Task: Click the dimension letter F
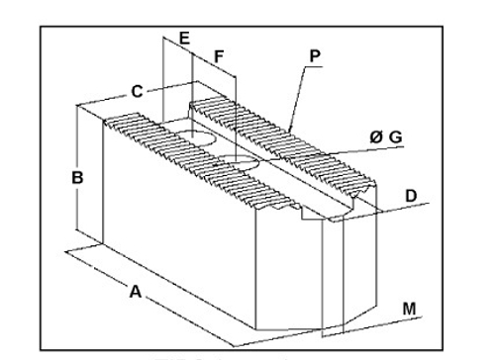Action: click(x=219, y=54)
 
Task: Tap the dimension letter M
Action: click(x=408, y=309)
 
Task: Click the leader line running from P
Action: click(x=298, y=94)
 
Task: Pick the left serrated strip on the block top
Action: click(x=188, y=163)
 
